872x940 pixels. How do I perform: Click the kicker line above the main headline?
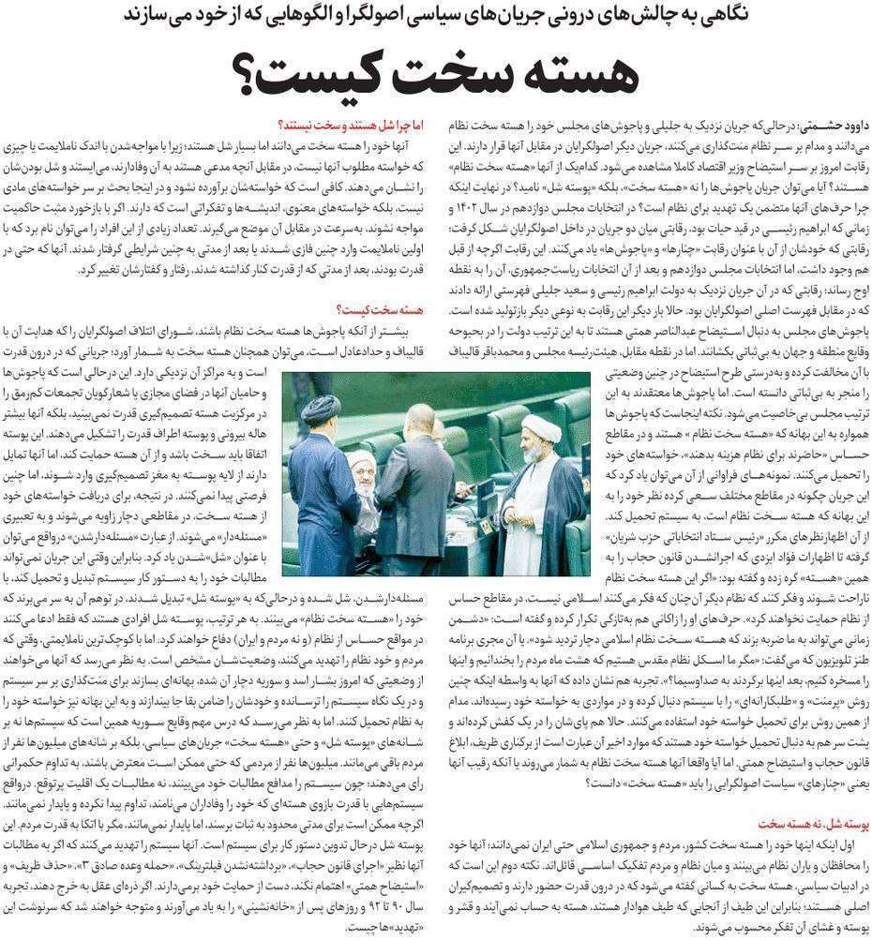click(x=435, y=16)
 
